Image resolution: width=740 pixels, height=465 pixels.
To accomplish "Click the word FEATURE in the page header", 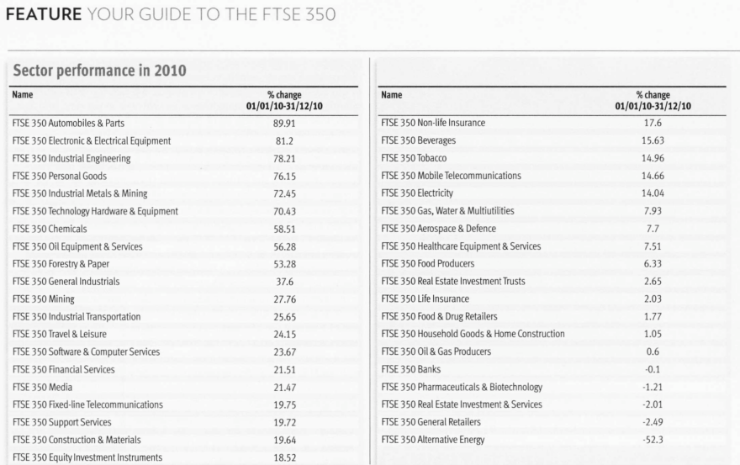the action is (44, 14).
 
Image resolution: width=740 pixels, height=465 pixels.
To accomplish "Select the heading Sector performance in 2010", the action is (99, 71).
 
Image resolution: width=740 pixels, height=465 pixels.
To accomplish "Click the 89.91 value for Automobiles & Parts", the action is (284, 124).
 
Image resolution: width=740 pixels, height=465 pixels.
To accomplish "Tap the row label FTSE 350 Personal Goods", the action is (60, 176).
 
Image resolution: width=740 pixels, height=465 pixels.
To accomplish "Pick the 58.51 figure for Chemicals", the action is (284, 229).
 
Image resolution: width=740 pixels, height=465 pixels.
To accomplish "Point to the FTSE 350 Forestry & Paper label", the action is (61, 264).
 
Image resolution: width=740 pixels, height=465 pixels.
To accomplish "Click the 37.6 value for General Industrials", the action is (284, 282).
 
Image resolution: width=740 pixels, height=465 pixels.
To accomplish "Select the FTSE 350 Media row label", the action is (43, 387).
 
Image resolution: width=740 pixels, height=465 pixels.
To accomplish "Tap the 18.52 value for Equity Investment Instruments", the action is (284, 457).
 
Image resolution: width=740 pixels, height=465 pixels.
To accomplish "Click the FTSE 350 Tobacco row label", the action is (414, 158).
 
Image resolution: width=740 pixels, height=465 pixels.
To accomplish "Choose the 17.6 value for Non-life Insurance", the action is (653, 123).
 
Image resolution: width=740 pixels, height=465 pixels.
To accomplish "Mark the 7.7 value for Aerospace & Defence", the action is (653, 229).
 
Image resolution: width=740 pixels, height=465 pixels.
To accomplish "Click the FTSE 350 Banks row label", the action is (410, 369).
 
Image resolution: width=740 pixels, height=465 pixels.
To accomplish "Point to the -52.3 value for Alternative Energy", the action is (653, 440).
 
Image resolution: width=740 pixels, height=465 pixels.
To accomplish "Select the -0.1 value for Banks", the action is (653, 369).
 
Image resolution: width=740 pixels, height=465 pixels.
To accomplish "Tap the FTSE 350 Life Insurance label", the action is (425, 299).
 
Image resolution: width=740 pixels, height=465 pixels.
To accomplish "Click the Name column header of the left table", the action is (22, 94).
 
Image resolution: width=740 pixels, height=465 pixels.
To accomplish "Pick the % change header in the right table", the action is (653, 95).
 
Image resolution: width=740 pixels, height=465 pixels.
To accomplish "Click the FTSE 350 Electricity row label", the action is (417, 193).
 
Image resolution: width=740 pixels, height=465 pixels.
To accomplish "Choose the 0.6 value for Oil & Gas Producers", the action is (653, 351).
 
